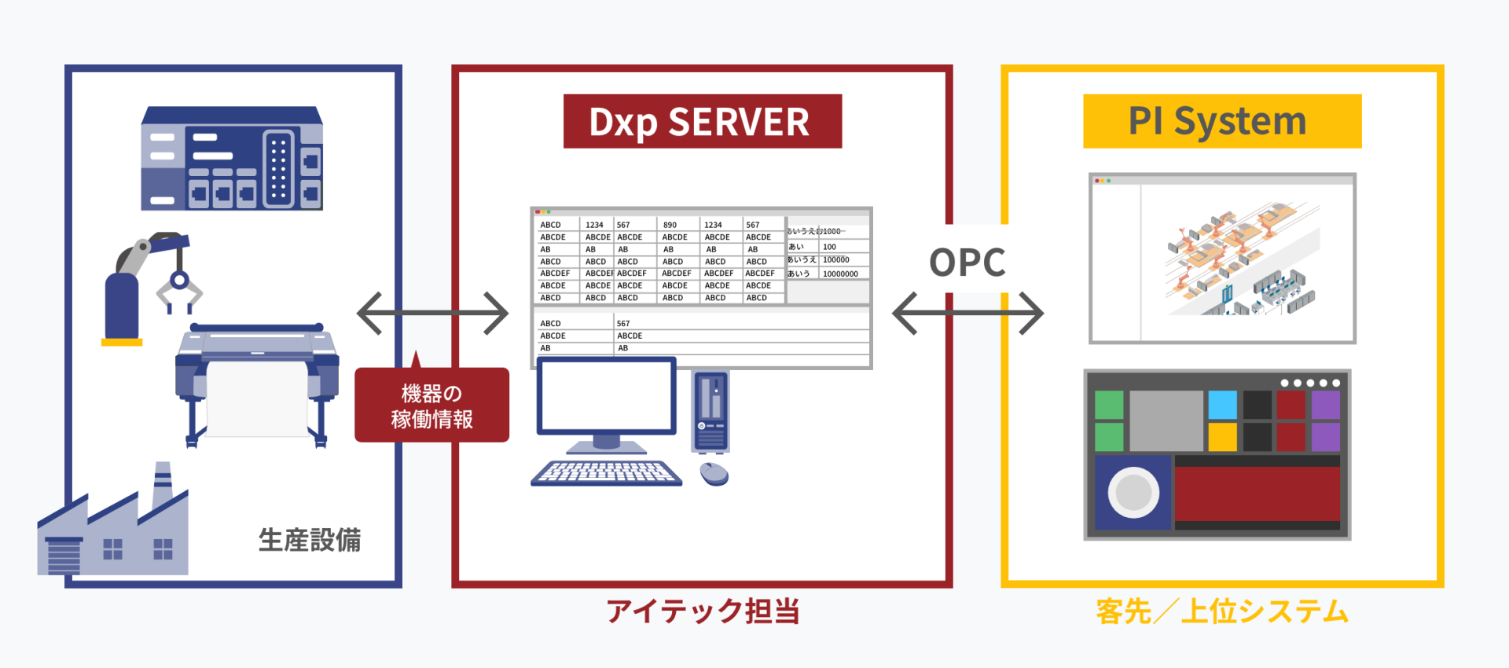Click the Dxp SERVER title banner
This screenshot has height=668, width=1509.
(x=702, y=122)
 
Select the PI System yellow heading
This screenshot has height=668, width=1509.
(x=1221, y=122)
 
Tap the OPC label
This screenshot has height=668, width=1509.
(x=967, y=262)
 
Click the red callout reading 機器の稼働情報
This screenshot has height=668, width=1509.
(x=431, y=406)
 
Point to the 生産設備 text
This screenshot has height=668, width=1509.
(x=310, y=540)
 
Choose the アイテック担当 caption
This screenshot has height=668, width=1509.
(x=703, y=611)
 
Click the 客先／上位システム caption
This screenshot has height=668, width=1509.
(x=1222, y=611)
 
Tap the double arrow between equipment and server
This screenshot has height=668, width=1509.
(x=432, y=314)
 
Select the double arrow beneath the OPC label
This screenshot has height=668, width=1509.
(x=967, y=314)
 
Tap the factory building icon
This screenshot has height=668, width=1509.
(x=114, y=527)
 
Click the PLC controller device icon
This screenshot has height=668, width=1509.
(x=232, y=159)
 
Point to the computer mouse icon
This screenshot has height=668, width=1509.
(x=714, y=473)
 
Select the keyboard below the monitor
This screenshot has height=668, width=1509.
(x=606, y=472)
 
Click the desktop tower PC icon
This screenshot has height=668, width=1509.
(x=710, y=411)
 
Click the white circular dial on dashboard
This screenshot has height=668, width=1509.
(x=1133, y=493)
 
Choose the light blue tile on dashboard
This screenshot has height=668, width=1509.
(x=1222, y=405)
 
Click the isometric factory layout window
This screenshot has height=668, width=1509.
(x=1222, y=259)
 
